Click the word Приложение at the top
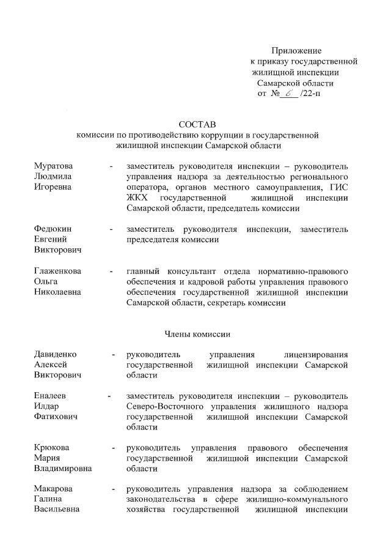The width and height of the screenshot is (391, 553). pos(296,51)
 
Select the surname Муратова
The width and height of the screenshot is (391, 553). pos(53,166)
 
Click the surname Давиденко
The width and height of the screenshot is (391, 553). pos(57,354)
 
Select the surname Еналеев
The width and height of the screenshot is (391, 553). pos(51,396)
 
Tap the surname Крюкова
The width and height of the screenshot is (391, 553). pos(51,448)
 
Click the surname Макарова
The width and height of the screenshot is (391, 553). pos(53,489)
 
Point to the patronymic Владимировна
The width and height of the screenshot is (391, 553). pos(63,469)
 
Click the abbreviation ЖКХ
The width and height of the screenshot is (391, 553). pos(137,198)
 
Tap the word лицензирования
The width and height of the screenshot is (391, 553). pos(316,354)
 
